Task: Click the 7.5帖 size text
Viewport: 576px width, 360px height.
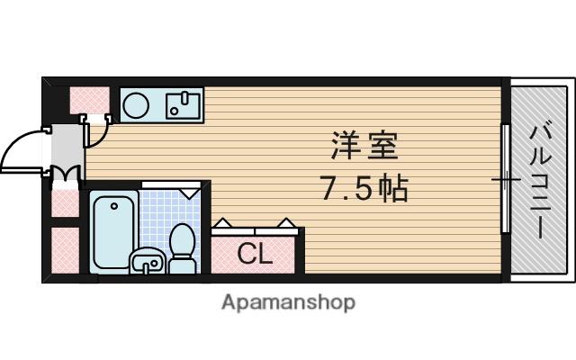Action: click(364, 189)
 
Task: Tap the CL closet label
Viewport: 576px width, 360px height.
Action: click(255, 255)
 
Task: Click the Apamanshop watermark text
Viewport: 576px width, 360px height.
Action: click(288, 302)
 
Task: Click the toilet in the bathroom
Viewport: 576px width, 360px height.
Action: click(183, 247)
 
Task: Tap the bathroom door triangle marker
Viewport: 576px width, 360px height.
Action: click(189, 192)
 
